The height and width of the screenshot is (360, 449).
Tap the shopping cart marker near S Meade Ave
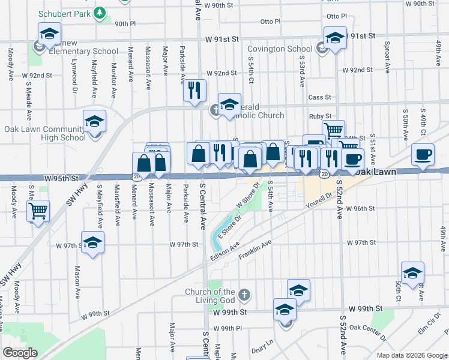pos(38,211)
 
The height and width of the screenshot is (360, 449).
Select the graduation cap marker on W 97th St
pos(92,244)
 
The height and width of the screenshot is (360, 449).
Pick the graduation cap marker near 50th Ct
pos(412,273)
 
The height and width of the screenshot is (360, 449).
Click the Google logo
pos(20,353)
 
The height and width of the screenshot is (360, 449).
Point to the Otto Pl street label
pos(270,22)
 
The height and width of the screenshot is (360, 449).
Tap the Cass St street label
pos(319,97)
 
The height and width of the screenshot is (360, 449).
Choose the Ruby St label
pos(316,116)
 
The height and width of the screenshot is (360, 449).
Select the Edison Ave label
pos(225,251)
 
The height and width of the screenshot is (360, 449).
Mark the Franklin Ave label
pos(255,250)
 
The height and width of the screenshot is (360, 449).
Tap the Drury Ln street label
pos(262,345)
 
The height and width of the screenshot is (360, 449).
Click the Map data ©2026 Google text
pos(411,355)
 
